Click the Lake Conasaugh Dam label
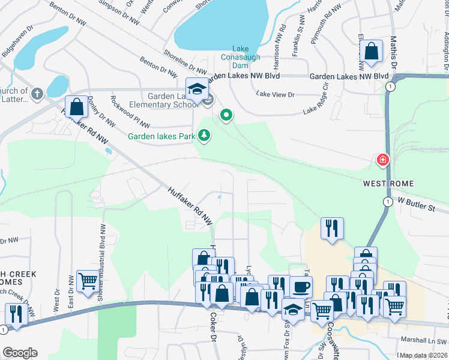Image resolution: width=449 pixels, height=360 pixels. [x=248, y=58]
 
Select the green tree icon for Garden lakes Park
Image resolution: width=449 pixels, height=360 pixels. [x=205, y=136]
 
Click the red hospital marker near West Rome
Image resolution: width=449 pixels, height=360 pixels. [x=382, y=160]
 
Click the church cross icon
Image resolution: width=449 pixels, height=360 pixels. [x=37, y=94]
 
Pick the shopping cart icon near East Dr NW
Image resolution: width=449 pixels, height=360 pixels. [x=88, y=280]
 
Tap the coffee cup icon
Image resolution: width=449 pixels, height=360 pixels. [x=301, y=286]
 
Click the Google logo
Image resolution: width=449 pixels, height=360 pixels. [x=20, y=353]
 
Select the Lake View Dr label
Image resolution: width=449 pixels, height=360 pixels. [x=276, y=94]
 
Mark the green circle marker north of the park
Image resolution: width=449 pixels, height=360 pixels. [x=226, y=115]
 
